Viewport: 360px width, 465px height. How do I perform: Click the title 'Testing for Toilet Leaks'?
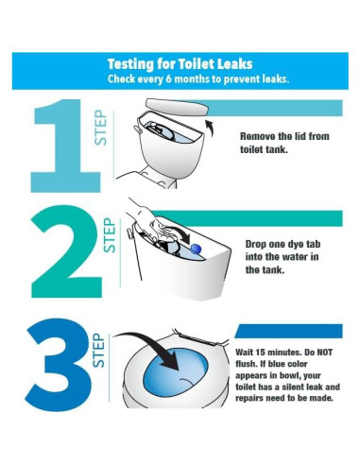(180, 64)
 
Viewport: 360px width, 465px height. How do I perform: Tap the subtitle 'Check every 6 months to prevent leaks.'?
(198, 78)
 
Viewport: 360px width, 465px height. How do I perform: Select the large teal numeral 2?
(67, 251)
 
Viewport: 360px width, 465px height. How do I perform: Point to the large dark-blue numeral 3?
(59, 365)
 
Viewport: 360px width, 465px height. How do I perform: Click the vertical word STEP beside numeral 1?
(101, 128)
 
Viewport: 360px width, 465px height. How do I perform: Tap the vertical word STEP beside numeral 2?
(110, 235)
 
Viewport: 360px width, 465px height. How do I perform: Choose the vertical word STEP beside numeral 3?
(98, 350)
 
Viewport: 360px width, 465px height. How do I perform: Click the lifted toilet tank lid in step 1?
(178, 107)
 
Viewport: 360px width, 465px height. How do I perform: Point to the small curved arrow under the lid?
(211, 128)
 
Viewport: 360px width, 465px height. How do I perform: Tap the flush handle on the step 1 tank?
(138, 129)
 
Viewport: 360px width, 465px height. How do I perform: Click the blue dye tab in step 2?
(197, 249)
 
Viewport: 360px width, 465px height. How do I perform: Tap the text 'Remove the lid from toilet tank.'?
(284, 143)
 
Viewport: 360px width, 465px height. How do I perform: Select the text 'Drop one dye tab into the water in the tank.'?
(283, 257)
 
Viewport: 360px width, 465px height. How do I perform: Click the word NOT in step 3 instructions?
(324, 352)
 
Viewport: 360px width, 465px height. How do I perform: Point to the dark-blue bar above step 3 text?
(289, 331)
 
